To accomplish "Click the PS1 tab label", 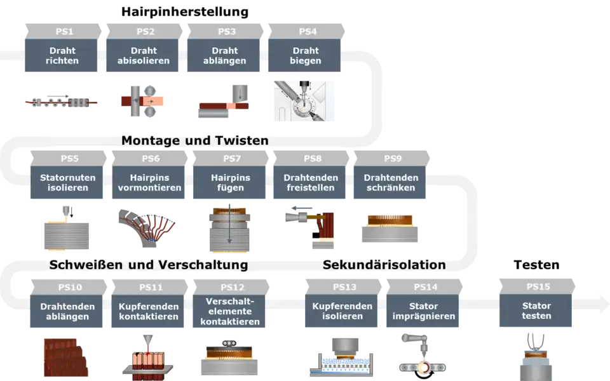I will point(62,31).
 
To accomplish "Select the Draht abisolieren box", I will point(143,56).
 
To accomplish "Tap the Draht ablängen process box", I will point(224,56).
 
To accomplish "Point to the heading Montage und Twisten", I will point(194,140).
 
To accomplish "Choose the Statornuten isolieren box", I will point(68,183).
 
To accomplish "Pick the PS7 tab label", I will point(231,158).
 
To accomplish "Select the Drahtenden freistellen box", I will point(311,183).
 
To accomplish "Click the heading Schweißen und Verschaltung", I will point(149,264).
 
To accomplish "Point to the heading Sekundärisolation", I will point(384,264).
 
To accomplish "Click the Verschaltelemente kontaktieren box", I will point(230,311).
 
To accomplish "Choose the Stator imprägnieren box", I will point(424,311).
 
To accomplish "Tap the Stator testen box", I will point(536,311).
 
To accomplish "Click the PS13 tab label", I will point(344,287).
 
